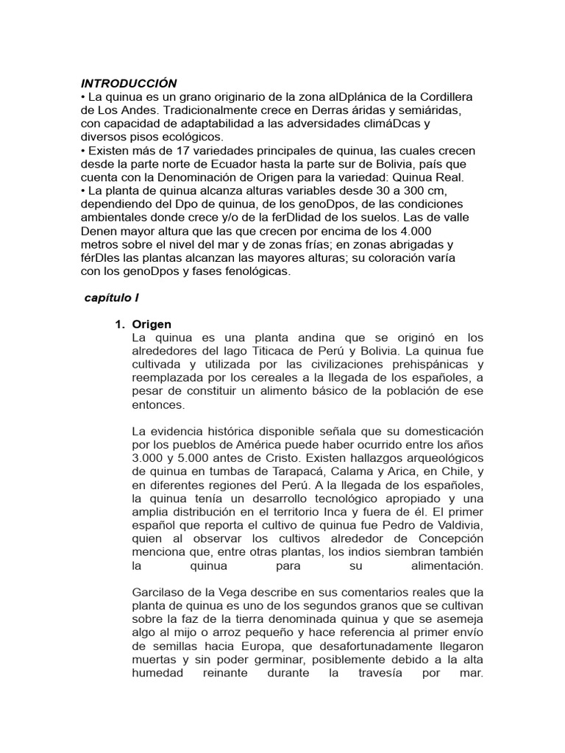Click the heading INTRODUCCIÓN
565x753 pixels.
(x=129, y=83)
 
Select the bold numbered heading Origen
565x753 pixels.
(x=152, y=324)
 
